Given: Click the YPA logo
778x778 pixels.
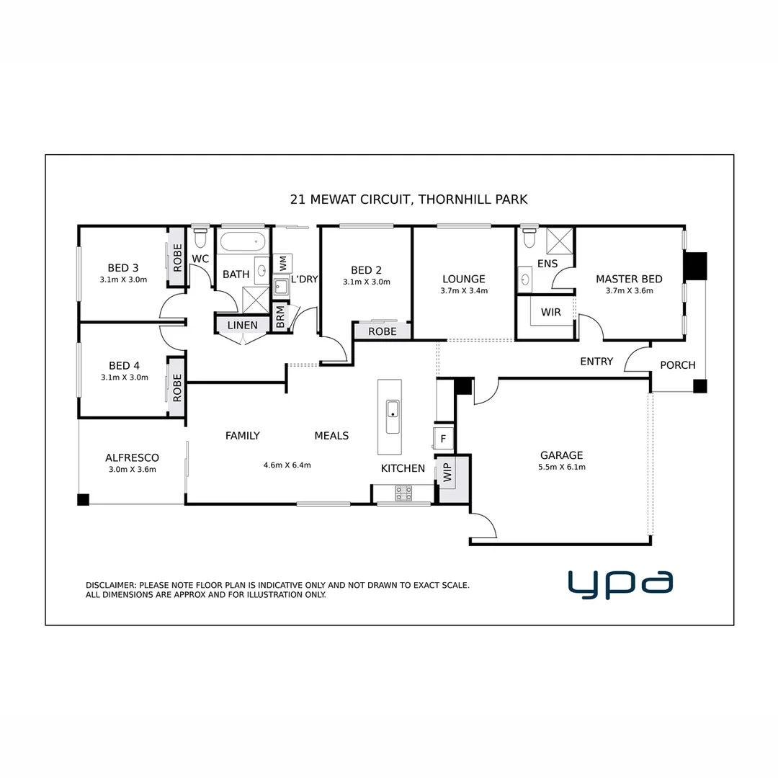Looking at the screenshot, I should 620,584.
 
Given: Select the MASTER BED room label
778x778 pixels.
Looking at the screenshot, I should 629,279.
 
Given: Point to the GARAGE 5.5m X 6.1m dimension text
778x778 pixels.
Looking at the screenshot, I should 562,467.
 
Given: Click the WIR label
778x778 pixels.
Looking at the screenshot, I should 550,313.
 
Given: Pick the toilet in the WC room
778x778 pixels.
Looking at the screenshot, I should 200,236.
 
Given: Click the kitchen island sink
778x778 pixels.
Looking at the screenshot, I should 393,417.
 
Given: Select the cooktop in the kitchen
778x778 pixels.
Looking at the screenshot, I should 403,493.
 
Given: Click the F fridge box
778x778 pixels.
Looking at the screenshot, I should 443,438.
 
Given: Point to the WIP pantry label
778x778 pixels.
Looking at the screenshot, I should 447,473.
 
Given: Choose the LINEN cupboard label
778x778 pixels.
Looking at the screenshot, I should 242,325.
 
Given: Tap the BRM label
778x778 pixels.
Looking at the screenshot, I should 280,317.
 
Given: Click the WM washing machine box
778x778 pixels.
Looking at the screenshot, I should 282,263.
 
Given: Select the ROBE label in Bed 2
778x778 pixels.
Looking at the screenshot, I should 382,331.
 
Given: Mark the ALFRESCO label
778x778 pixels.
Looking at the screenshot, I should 132,457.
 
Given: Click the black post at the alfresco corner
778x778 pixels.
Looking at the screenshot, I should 83,499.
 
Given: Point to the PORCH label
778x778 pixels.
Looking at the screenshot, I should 678,365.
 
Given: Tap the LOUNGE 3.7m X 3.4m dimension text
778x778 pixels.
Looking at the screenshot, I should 464,291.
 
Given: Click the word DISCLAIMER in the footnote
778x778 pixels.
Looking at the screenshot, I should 110,585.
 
